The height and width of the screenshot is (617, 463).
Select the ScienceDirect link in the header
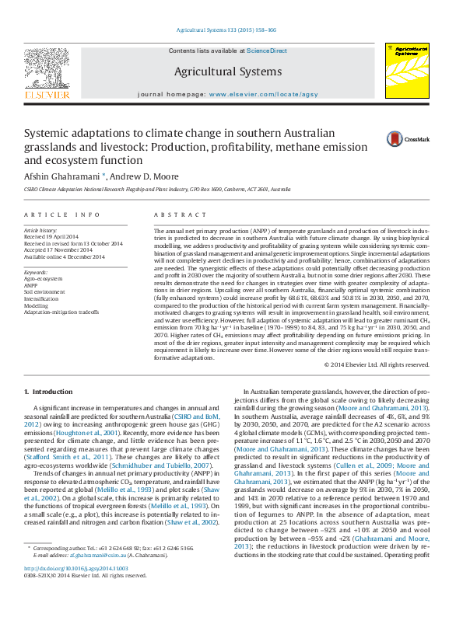pyautogui.click(x=267, y=51)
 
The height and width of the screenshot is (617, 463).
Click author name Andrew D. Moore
pyautogui.click(x=144, y=176)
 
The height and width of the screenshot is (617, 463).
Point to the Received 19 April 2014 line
pyautogui.click(x=51, y=236)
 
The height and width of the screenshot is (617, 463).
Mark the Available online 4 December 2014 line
pyautogui.click(x=62, y=256)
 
